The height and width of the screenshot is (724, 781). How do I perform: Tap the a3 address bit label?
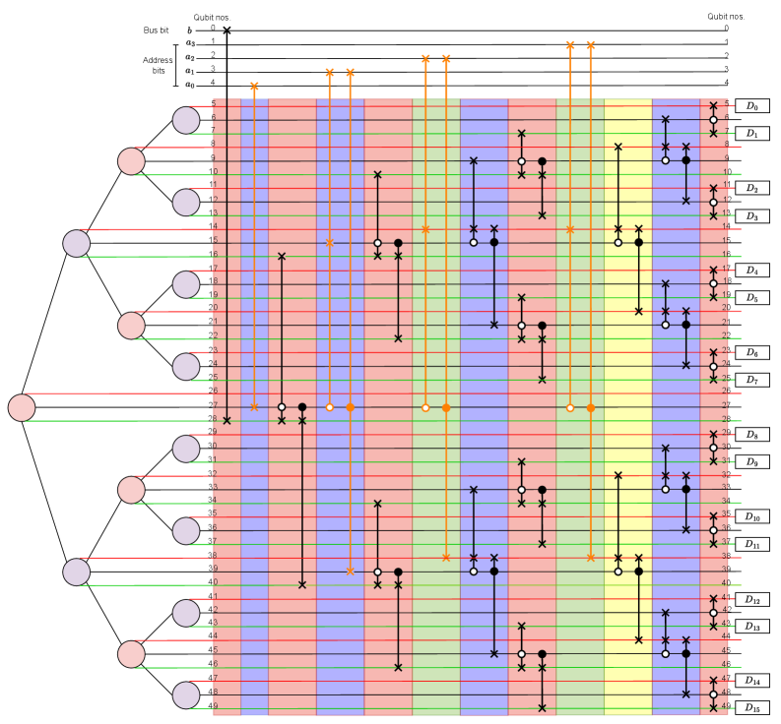(x=191, y=44)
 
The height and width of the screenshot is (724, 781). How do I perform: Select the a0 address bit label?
(x=191, y=85)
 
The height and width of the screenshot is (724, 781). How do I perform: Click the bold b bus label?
(x=191, y=31)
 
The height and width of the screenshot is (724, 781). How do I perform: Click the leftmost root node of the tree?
(x=22, y=406)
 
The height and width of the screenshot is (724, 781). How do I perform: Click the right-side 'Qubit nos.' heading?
(x=726, y=17)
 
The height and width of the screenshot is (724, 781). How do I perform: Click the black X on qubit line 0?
(x=228, y=30)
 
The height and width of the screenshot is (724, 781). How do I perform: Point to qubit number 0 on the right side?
(x=726, y=29)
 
